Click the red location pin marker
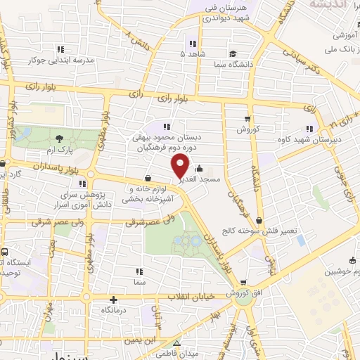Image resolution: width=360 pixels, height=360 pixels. tap(181, 166)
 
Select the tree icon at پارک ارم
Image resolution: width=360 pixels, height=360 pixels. tap(59, 139)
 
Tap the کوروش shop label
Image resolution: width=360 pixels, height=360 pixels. tap(247, 129)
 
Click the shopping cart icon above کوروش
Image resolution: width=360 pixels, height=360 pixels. tap(247, 118)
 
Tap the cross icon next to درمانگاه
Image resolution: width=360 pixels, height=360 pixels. tap(113, 299)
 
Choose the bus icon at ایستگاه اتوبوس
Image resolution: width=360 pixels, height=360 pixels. tap(4, 252)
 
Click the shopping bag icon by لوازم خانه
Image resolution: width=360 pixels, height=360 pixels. tap(148, 179)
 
